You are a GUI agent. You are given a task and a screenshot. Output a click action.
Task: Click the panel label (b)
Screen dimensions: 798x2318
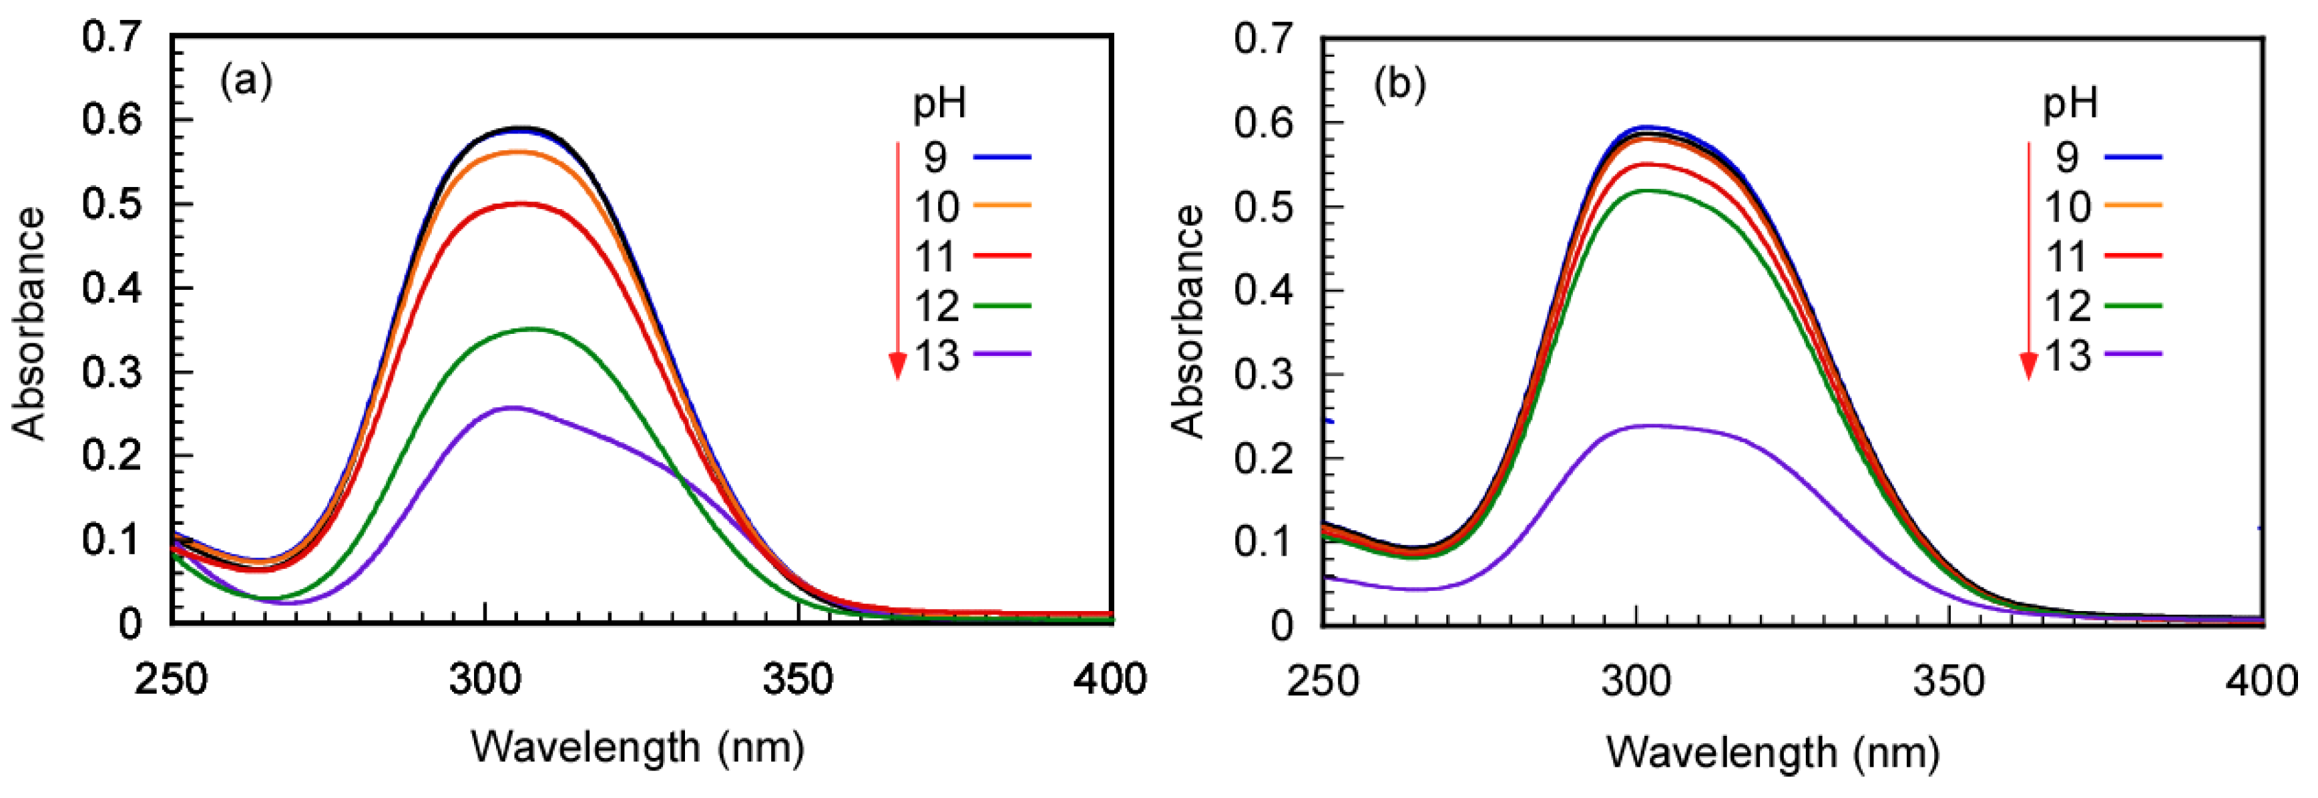[1399, 85]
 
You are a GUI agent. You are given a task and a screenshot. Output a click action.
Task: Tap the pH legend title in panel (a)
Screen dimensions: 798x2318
[939, 104]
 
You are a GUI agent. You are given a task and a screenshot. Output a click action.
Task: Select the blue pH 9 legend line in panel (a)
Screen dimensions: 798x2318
[1001, 158]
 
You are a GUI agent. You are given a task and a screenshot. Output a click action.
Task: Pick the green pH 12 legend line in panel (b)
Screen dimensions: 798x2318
[2132, 307]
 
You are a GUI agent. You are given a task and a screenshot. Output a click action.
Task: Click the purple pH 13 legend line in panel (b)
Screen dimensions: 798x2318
[2132, 355]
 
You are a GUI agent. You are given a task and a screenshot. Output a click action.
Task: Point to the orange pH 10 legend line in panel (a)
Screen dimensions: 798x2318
[1001, 206]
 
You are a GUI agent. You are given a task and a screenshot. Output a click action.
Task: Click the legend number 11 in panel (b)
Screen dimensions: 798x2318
[2066, 257]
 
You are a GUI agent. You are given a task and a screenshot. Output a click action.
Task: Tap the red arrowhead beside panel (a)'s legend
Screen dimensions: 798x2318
[897, 365]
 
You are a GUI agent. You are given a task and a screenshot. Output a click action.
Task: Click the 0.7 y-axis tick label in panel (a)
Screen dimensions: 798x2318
[111, 38]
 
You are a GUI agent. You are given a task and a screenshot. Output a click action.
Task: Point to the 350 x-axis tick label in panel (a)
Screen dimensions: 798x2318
[797, 680]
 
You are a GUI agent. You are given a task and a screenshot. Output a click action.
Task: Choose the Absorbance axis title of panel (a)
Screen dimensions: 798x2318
[29, 324]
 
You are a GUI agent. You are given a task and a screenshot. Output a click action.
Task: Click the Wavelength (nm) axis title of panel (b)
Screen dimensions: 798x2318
[1773, 752]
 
